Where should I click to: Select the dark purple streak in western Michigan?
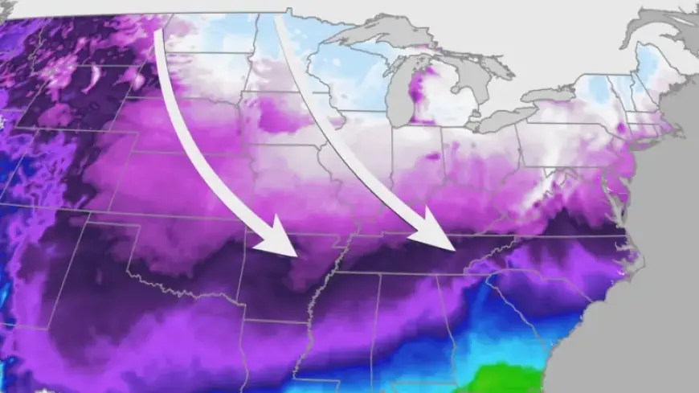(418, 92)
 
